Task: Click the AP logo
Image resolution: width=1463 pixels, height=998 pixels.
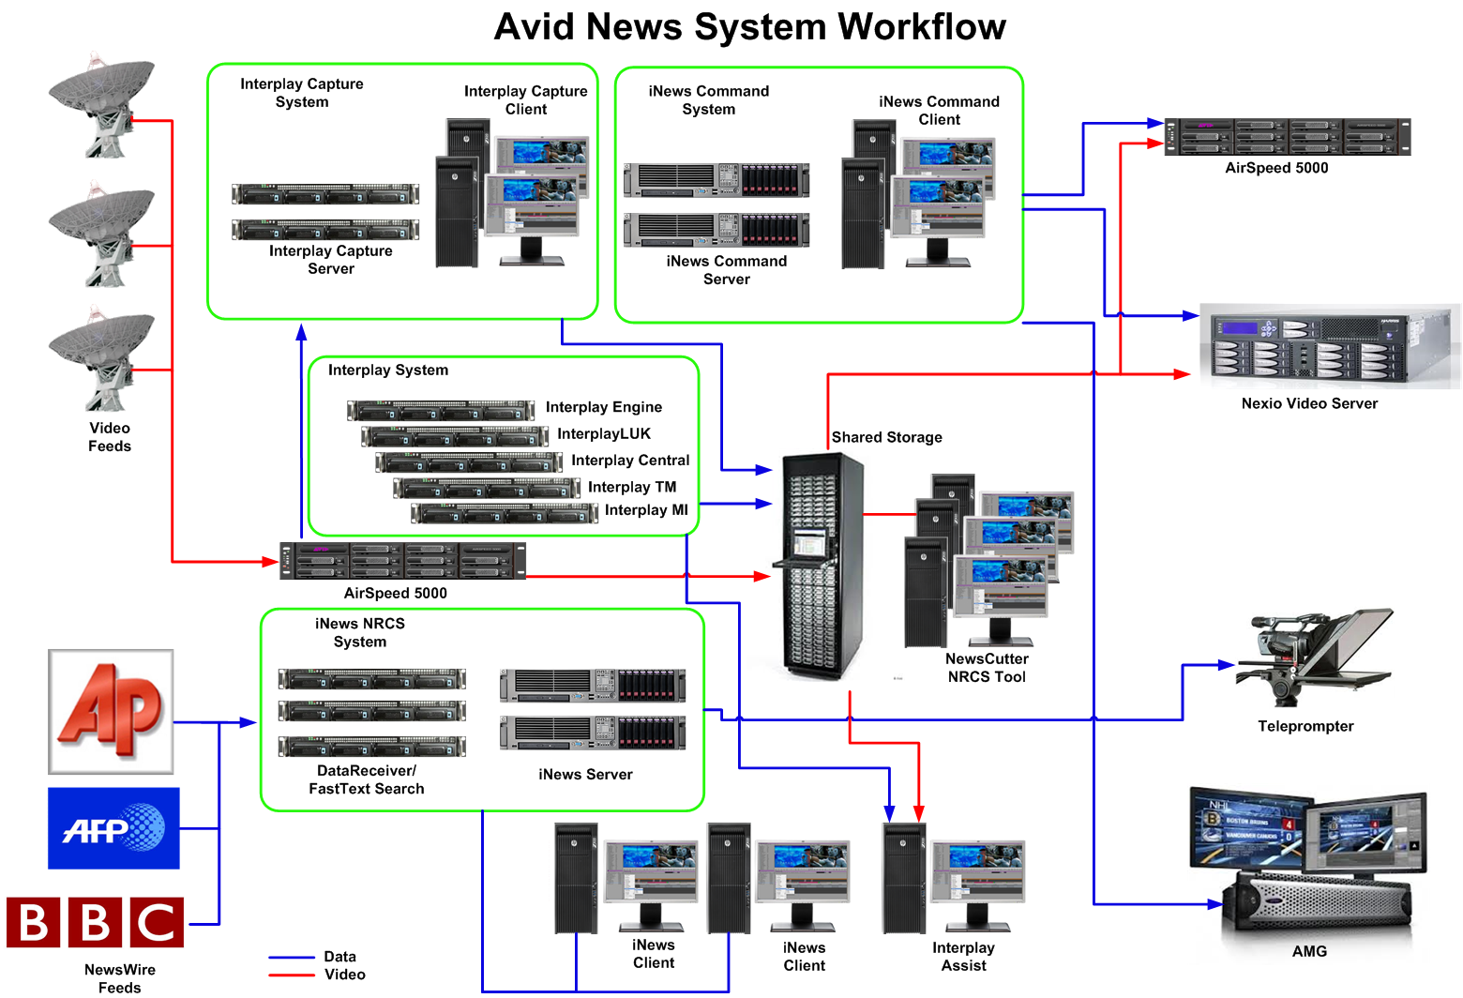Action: point(111,711)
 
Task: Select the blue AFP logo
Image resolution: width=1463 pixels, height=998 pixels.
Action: point(113,828)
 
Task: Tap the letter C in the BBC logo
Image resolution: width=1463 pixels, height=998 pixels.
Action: point(157,923)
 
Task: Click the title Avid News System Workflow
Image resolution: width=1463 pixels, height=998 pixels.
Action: point(749,26)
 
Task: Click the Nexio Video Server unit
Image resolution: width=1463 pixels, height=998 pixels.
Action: point(1329,345)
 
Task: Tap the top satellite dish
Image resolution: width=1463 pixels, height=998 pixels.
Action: point(100,103)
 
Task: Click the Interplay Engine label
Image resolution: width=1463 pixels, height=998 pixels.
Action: point(604,407)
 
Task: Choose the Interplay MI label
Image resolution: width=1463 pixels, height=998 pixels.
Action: point(646,510)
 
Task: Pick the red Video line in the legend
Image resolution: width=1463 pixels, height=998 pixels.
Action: point(292,975)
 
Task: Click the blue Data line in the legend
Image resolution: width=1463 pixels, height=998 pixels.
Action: point(292,958)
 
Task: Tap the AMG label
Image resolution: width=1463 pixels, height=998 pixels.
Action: point(1309,951)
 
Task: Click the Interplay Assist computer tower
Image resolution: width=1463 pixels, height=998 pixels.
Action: point(904,879)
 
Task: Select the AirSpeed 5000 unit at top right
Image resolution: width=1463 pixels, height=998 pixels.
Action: point(1287,137)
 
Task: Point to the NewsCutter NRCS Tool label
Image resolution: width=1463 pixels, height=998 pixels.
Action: point(987,668)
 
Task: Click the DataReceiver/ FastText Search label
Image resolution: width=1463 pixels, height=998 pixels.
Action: point(367,779)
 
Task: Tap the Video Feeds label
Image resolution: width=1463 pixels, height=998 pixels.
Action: point(110,437)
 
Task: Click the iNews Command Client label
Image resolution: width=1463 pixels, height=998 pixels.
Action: point(939,111)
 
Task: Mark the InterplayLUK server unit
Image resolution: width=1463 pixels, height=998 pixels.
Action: point(455,436)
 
